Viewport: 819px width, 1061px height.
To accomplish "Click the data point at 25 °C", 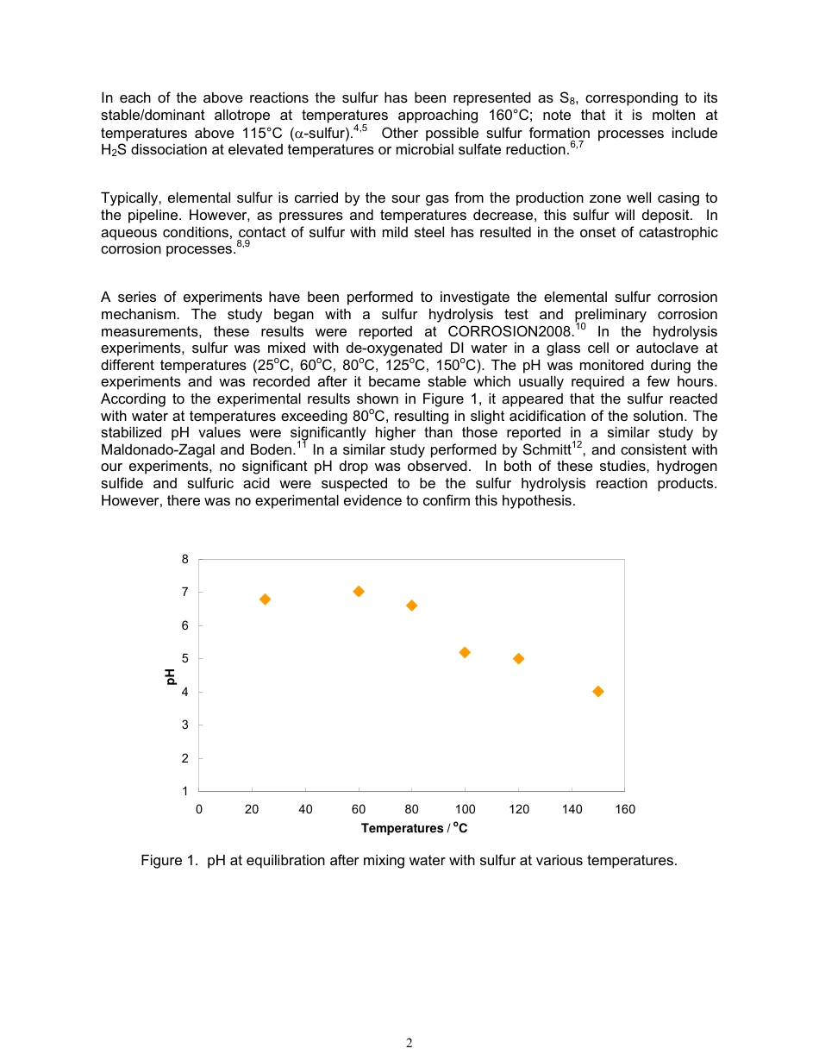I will click(x=265, y=600).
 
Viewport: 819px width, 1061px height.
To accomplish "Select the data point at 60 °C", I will click(x=359, y=591).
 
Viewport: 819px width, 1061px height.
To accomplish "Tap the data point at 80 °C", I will click(x=411, y=606).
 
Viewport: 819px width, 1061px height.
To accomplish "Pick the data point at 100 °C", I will click(x=465, y=652).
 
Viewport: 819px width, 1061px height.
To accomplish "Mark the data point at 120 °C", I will click(x=518, y=658).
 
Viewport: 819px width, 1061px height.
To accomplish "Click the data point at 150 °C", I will click(x=598, y=691).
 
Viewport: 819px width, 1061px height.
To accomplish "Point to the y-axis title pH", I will click(x=171, y=677).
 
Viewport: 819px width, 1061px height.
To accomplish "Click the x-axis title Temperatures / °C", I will click(x=414, y=828).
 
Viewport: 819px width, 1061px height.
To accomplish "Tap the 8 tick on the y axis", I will click(x=185, y=559).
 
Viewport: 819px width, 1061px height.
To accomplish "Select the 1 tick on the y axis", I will click(x=185, y=791).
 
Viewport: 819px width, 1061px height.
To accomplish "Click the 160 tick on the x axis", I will click(x=624, y=809).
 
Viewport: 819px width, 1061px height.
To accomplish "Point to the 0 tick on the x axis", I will click(x=199, y=809).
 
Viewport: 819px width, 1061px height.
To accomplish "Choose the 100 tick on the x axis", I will click(x=465, y=809).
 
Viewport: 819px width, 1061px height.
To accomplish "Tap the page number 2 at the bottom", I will click(x=409, y=1043).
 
